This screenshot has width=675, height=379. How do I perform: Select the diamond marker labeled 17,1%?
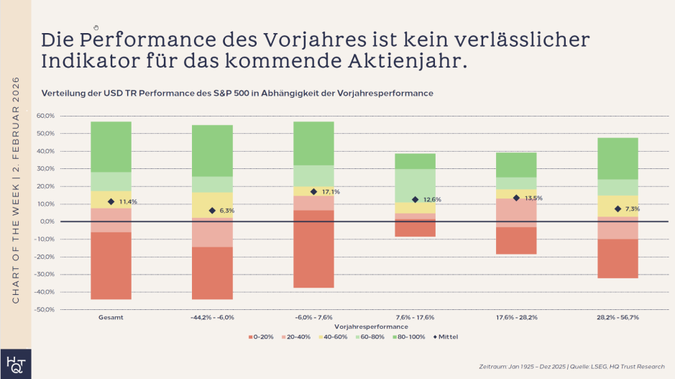(x=313, y=192)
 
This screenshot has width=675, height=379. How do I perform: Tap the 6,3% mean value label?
(x=227, y=211)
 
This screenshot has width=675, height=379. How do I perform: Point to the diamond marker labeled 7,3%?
(x=617, y=209)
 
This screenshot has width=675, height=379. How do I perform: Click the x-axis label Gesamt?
(x=110, y=317)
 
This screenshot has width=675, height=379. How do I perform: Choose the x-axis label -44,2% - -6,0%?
(x=212, y=317)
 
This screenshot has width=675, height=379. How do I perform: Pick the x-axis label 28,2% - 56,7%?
(x=617, y=317)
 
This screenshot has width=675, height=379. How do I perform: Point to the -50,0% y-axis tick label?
(x=44, y=310)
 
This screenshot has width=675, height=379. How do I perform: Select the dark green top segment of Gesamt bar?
(x=111, y=147)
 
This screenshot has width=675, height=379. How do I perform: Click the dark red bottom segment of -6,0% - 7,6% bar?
(x=313, y=249)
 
